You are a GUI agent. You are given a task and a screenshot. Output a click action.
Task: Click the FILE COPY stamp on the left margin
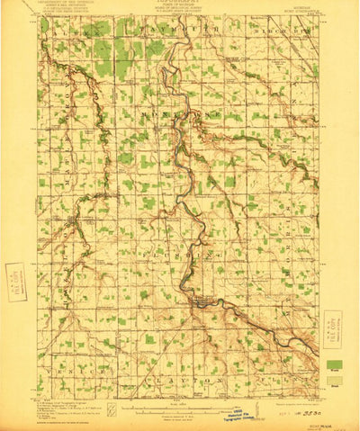(x=13, y=278)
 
